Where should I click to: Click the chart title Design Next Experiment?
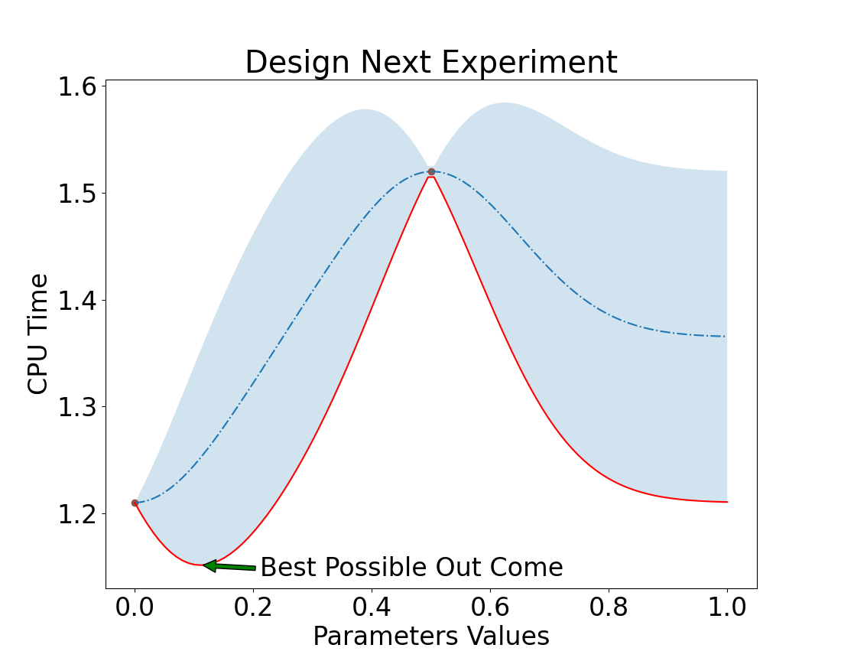point(430,63)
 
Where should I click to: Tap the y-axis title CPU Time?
point(38,334)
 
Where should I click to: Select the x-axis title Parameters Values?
point(430,637)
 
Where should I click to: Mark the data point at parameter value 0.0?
point(135,503)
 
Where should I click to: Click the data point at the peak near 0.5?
point(431,171)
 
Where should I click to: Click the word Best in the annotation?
point(284,568)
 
